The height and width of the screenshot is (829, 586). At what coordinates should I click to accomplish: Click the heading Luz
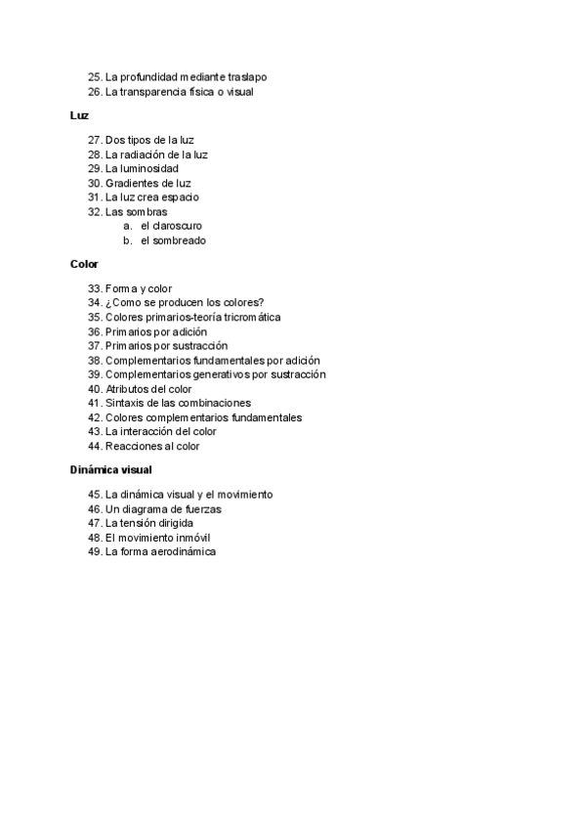pos(80,115)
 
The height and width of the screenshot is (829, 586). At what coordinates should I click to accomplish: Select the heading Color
pos(84,264)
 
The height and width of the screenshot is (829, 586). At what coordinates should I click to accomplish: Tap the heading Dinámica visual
pos(110,469)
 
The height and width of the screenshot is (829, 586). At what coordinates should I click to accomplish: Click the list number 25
pos(95,76)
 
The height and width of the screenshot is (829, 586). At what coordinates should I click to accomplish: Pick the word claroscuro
pos(177,226)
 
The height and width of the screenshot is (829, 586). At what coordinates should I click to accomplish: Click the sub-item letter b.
pos(127,240)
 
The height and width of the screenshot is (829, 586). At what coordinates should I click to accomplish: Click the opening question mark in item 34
pos(108,303)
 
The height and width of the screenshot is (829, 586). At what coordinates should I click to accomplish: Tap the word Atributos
pos(127,389)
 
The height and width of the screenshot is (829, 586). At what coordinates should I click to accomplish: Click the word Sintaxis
pos(125,403)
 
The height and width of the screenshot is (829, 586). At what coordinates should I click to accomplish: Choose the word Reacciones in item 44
pos(132,446)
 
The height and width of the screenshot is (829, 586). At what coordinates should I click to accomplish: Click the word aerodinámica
pos(182,551)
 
